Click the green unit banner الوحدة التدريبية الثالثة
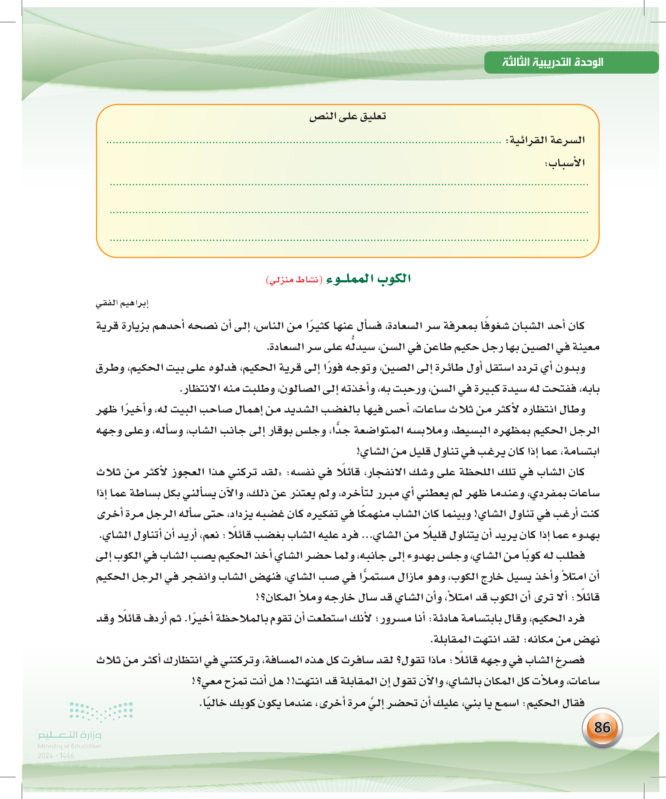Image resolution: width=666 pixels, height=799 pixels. (552, 62)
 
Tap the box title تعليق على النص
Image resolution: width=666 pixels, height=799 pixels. (347, 117)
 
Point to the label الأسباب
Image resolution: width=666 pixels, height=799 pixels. (565, 163)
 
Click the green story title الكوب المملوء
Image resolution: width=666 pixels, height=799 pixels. (368, 279)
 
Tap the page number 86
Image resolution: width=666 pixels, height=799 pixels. (602, 728)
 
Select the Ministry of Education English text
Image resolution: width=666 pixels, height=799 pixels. (69, 746)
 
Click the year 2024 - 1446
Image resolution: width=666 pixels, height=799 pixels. (56, 756)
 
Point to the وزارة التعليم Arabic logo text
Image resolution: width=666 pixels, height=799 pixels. (69, 735)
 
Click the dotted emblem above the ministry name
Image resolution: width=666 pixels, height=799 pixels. (101, 711)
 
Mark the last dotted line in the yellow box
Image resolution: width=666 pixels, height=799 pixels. (349, 241)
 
